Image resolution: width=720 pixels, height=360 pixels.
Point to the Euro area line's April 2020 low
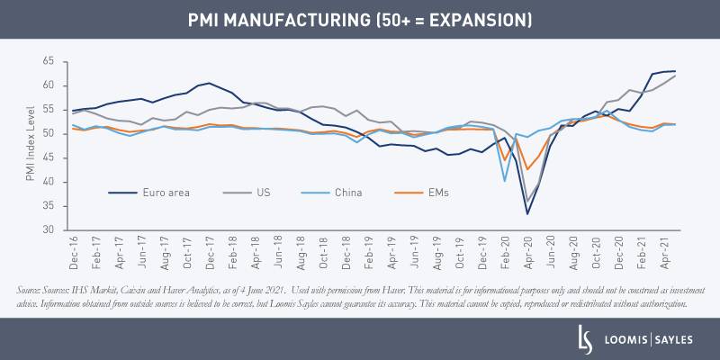click(527, 213)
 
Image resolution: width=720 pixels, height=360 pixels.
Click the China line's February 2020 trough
click(505, 181)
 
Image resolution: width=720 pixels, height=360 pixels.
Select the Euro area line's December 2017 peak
click(209, 84)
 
